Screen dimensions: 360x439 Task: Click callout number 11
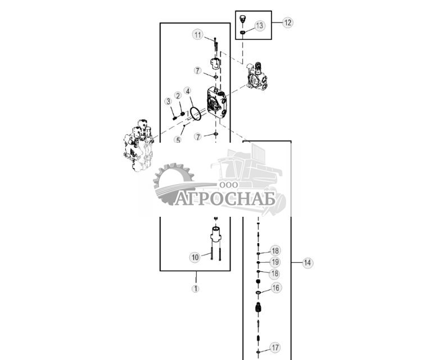tap(197, 35)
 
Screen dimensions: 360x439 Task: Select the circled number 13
tap(259, 26)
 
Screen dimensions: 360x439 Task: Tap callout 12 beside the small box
tap(288, 23)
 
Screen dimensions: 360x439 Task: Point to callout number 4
tap(187, 91)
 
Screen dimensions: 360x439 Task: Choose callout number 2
tap(178, 95)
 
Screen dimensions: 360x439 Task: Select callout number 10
tap(194, 257)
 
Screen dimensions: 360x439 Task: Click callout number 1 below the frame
tap(196, 289)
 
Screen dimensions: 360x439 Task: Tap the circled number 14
tap(307, 262)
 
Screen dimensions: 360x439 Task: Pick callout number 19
tap(275, 262)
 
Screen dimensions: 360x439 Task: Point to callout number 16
tap(275, 288)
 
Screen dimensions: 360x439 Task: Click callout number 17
tap(275, 347)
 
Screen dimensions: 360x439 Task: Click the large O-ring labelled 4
tap(195, 114)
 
